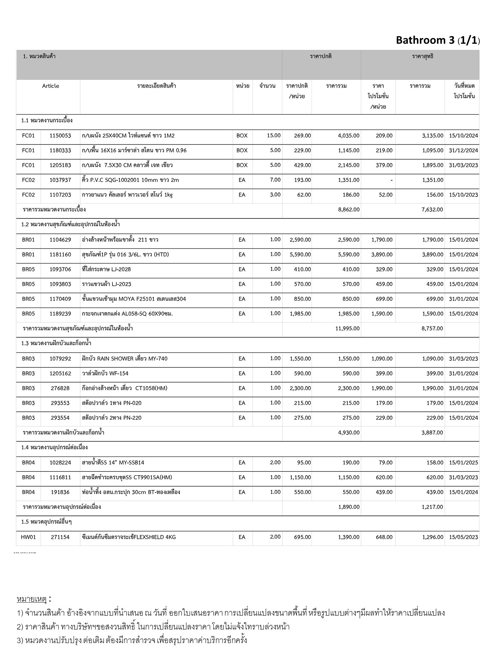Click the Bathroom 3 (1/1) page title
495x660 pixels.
(x=438, y=40)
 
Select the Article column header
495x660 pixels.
(x=51, y=86)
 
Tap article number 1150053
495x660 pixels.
(x=60, y=136)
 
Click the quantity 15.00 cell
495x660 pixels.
(x=274, y=135)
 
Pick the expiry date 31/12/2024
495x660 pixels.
(x=463, y=150)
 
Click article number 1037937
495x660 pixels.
(x=60, y=180)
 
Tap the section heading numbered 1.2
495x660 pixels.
(x=71, y=225)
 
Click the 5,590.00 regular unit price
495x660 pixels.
(x=300, y=255)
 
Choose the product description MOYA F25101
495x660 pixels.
(x=134, y=299)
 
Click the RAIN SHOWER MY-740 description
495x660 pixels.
(x=125, y=359)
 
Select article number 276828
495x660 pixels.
(x=60, y=388)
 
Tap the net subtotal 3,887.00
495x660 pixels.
(x=432, y=433)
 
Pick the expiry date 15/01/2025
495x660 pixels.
(x=463, y=463)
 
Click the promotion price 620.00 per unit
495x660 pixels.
(x=384, y=478)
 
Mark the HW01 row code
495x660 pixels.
(x=28, y=537)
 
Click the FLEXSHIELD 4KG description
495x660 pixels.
(x=129, y=537)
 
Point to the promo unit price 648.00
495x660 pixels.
(x=384, y=537)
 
